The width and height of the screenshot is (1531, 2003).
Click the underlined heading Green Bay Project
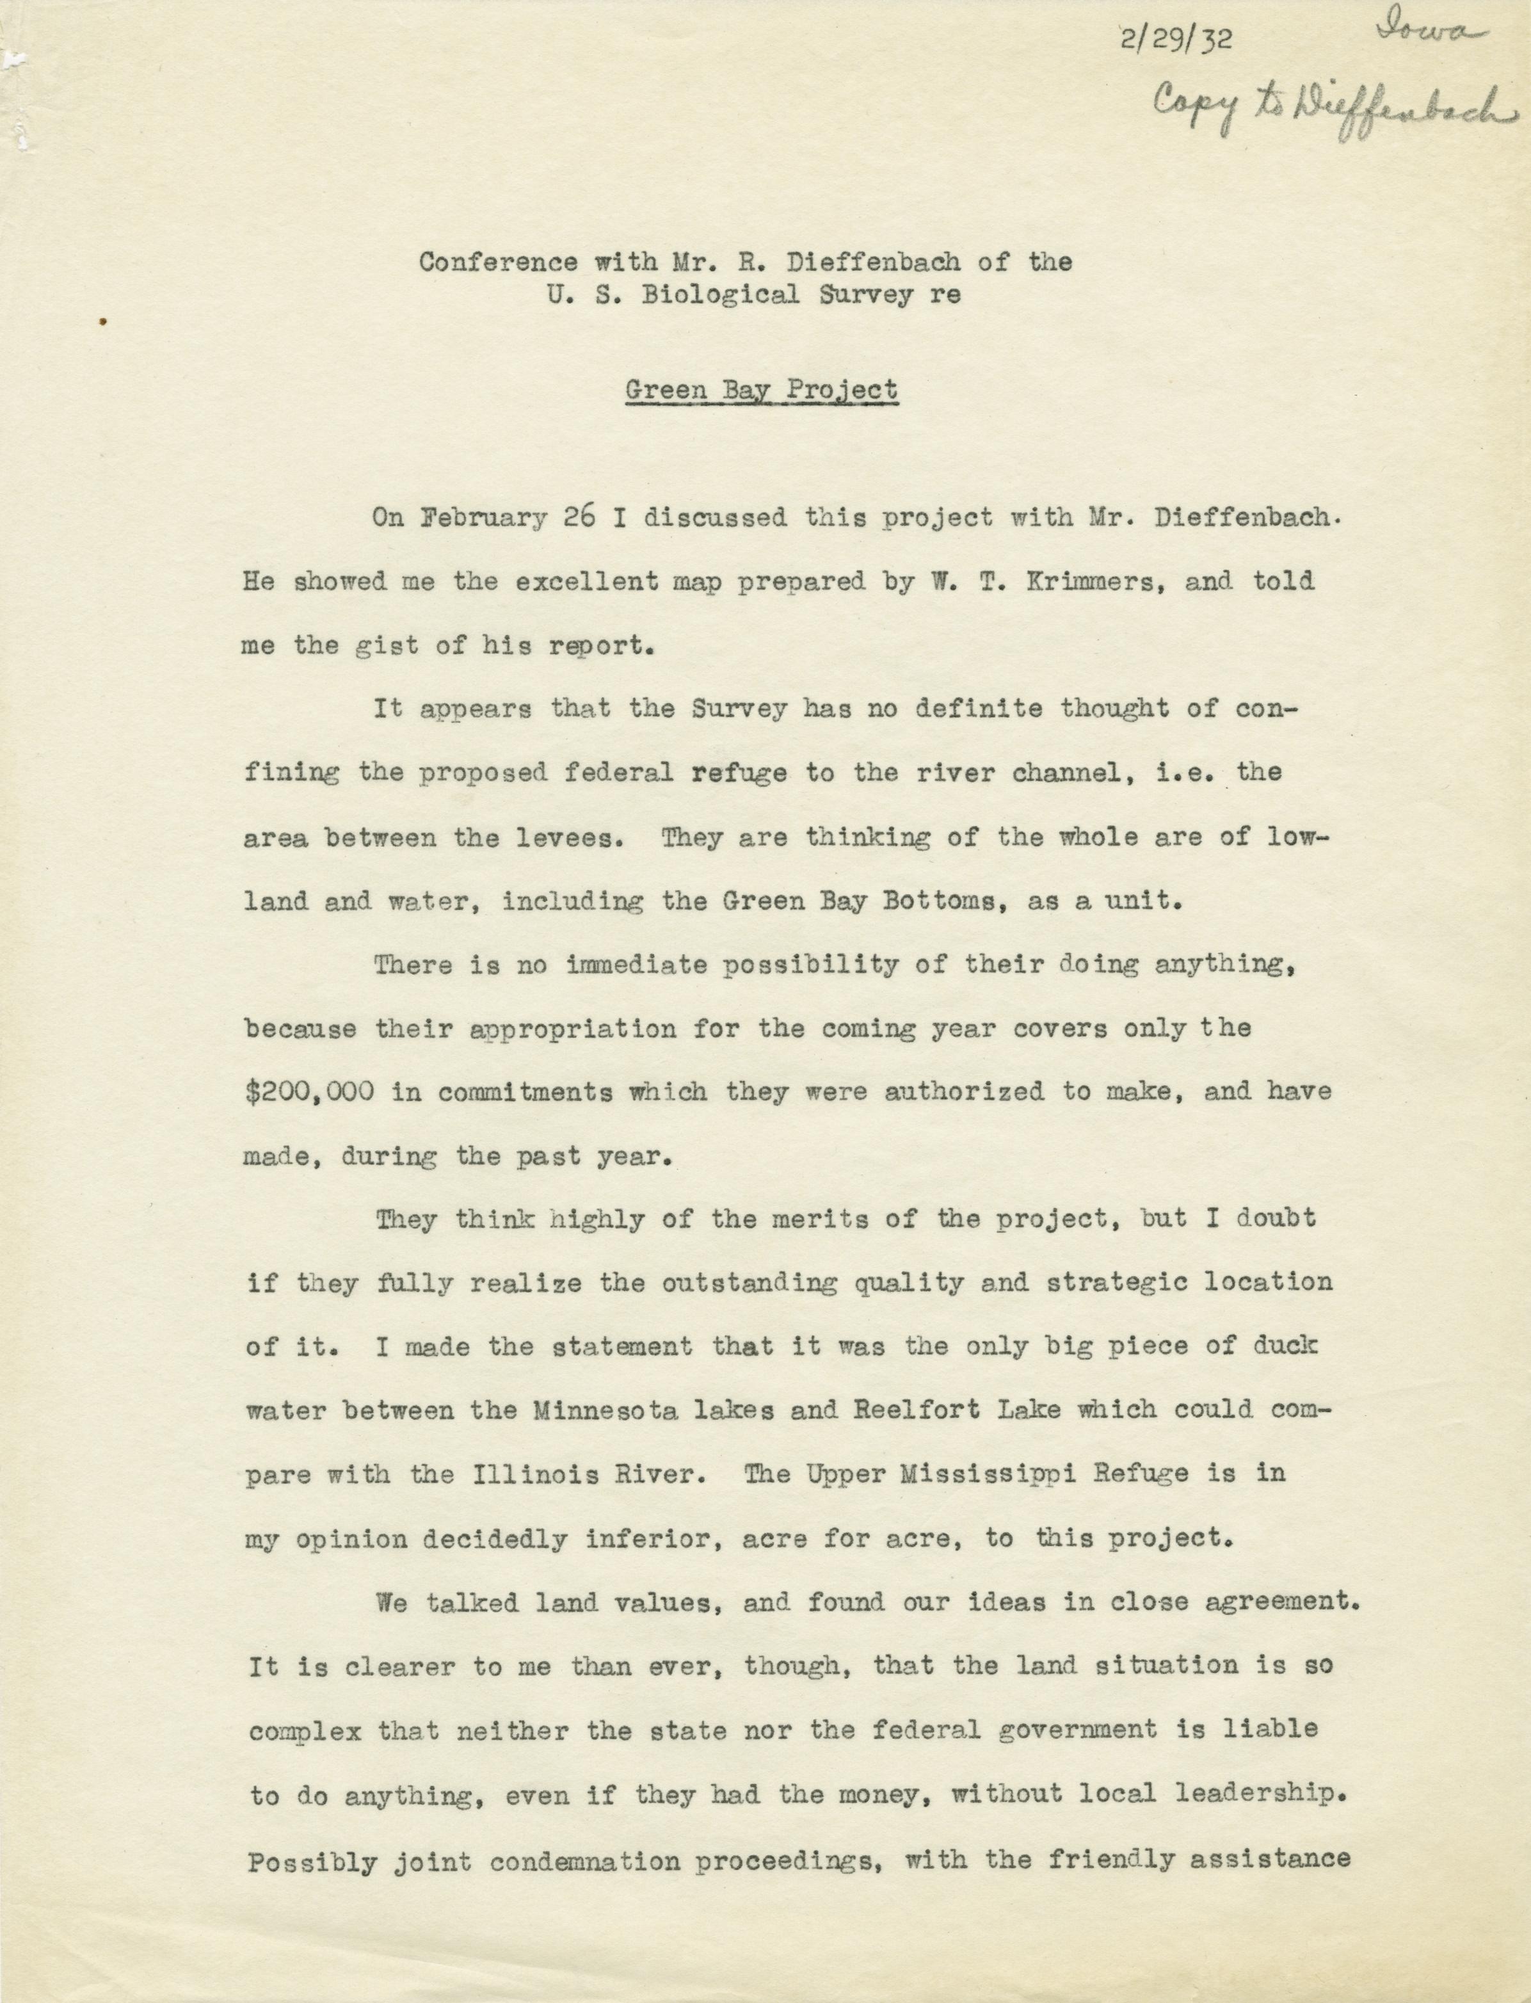(x=762, y=390)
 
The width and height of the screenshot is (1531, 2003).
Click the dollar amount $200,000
(x=310, y=1091)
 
